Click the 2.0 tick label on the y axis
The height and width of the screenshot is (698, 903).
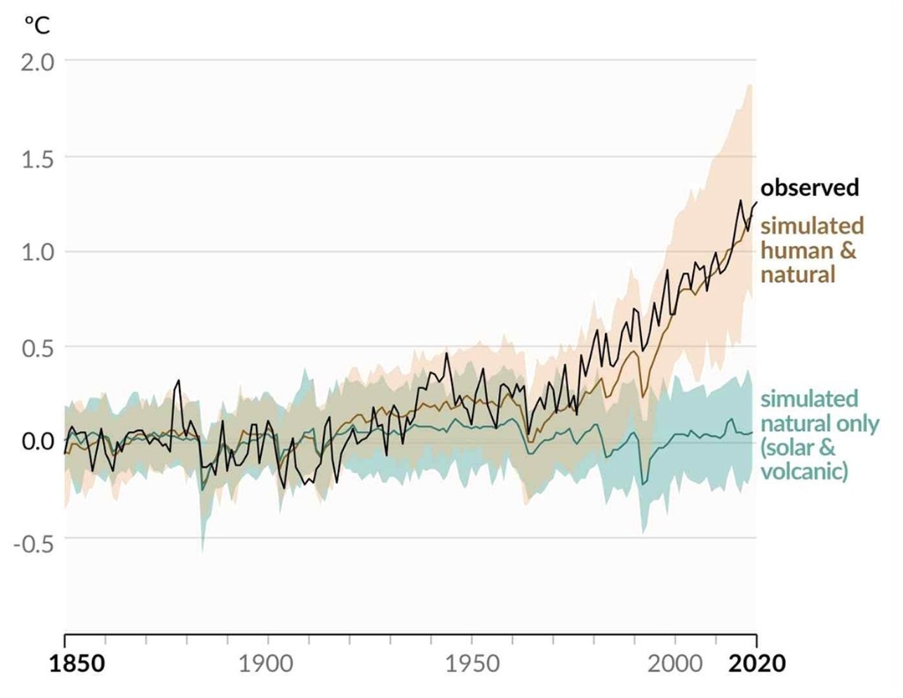37,62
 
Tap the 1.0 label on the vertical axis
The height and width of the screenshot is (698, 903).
37,252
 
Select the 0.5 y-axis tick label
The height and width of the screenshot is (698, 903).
37,347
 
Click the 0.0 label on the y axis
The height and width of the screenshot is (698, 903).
37,442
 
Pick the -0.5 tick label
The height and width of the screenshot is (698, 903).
34,542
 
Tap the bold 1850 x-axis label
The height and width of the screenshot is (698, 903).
78,664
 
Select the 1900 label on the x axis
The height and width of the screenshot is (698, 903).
265,664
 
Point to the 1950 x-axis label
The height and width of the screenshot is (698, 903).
473,664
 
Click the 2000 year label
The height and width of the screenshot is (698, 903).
675,664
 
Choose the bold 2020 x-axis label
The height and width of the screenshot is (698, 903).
757,664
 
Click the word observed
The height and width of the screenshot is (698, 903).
810,188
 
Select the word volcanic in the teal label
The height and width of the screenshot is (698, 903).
804,472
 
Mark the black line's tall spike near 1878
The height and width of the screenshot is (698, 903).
178,381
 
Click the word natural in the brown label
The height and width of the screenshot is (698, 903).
797,274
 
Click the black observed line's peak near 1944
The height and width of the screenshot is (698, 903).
446,353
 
